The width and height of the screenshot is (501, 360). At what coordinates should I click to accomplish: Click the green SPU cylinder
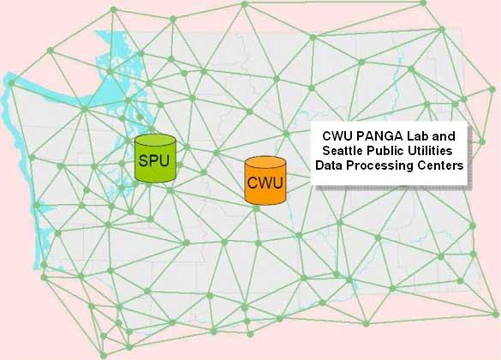click(x=155, y=159)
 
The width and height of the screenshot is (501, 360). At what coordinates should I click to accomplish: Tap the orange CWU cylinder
click(x=265, y=181)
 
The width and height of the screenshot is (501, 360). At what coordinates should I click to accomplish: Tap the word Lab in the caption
click(x=417, y=136)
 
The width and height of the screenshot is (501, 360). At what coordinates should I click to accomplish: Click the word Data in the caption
click(x=329, y=165)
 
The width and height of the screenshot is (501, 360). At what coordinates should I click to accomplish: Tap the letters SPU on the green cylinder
click(x=154, y=160)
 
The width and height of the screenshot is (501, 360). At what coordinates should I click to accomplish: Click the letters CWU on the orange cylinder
click(x=265, y=183)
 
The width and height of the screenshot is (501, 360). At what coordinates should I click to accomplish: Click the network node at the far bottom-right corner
click(x=495, y=315)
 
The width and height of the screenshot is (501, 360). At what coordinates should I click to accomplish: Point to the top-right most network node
click(x=423, y=3)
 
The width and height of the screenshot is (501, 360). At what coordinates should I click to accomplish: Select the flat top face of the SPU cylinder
click(x=155, y=141)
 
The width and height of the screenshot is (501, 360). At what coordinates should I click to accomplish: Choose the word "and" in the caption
click(x=444, y=136)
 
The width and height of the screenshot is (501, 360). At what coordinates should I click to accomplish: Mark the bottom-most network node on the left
click(x=104, y=355)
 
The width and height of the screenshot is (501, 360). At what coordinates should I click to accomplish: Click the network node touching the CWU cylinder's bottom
click(x=256, y=208)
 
